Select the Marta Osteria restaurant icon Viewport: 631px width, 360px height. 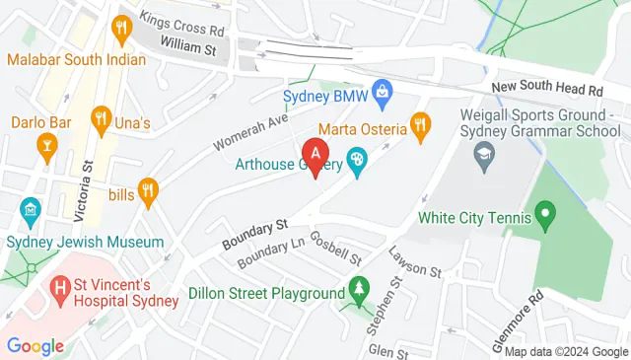tap(421, 124)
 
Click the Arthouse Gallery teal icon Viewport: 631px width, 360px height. tap(357, 159)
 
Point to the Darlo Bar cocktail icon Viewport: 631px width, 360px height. tap(45, 148)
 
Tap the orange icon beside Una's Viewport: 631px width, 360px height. tap(101, 122)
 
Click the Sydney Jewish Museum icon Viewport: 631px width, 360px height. tap(30, 210)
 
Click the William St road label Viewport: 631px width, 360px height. tap(187, 46)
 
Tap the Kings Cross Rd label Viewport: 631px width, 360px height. tap(182, 24)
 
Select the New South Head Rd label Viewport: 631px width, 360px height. tap(547, 89)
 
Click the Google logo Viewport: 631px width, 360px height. tap(35, 345)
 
